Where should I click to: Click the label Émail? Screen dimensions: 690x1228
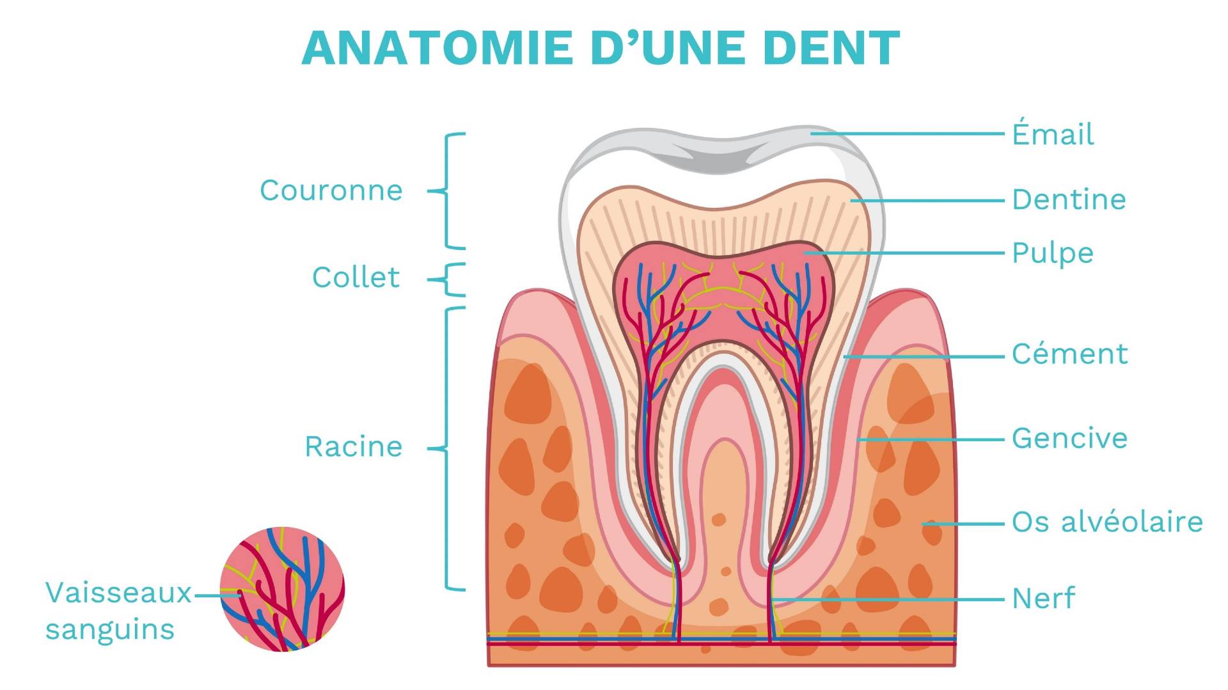pyautogui.click(x=1053, y=134)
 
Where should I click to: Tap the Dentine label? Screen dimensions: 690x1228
pyautogui.click(x=1069, y=200)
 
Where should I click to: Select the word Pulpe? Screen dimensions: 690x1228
pyautogui.click(x=1053, y=253)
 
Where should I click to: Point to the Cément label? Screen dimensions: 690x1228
pyautogui.click(x=1069, y=354)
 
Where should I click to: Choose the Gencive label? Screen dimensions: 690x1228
pyautogui.click(x=1069, y=439)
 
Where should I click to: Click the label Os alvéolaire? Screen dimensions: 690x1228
pyautogui.click(x=1107, y=522)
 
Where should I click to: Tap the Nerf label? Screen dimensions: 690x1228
pyautogui.click(x=1043, y=599)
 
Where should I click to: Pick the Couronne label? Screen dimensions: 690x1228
pyautogui.click(x=331, y=191)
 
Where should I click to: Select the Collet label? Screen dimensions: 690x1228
pyautogui.click(x=356, y=278)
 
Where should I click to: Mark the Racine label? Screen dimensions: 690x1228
pyautogui.click(x=353, y=446)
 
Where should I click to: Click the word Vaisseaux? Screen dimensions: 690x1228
pyautogui.click(x=118, y=593)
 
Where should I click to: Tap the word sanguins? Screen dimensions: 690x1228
pyautogui.click(x=110, y=629)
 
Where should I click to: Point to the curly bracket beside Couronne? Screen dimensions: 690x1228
pyautogui.click(x=446, y=191)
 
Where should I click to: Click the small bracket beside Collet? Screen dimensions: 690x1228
pyautogui.click(x=448, y=280)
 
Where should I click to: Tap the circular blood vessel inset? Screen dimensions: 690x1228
pyautogui.click(x=282, y=589)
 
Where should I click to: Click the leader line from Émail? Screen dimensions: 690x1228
pyautogui.click(x=908, y=134)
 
